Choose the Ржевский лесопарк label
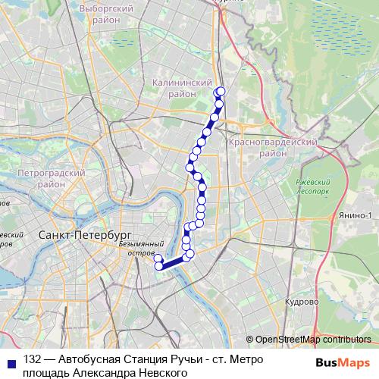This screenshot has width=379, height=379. tap(312, 186)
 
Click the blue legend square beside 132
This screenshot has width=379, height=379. tap(10, 360)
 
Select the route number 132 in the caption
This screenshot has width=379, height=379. tap(33, 360)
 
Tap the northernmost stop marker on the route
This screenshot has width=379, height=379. tap(221, 91)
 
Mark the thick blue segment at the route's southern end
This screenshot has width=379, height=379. tap(173, 262)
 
